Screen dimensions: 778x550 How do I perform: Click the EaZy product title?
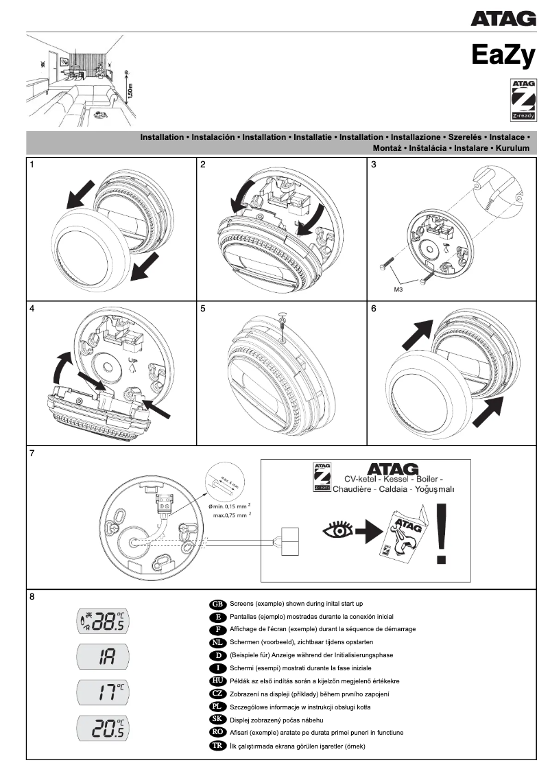coord(503,55)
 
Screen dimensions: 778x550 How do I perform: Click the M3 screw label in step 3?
coord(398,290)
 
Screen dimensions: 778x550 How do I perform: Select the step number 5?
coord(203,309)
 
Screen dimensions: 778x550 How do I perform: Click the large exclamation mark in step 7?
coord(441,532)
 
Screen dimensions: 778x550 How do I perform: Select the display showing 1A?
coord(103,657)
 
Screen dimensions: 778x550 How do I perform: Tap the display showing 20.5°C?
coord(103,728)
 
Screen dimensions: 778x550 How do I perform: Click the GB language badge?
coord(217,604)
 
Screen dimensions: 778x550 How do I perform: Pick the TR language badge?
coord(217,746)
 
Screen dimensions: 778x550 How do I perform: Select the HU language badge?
coord(217,681)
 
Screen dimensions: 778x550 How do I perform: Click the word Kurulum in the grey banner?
coord(513,148)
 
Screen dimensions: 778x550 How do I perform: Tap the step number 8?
coord(32,596)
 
